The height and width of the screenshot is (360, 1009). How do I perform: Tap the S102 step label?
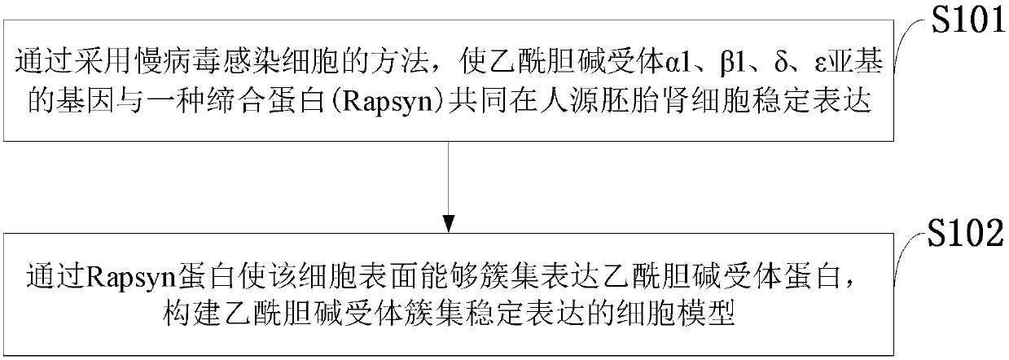[967, 239]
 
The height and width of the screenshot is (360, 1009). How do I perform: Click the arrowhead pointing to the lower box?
[447, 222]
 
